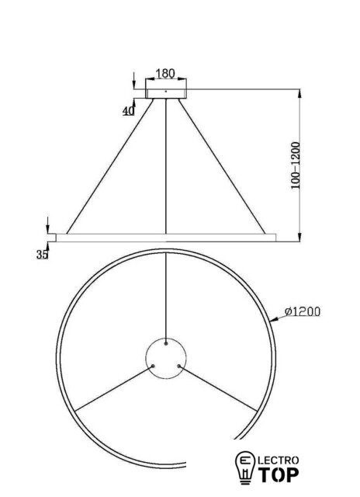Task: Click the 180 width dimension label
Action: point(165,73)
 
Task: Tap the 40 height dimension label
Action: point(128,110)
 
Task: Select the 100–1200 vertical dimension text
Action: point(295,165)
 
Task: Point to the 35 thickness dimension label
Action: point(42,254)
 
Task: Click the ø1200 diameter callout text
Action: point(303,311)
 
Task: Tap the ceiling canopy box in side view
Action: point(166,94)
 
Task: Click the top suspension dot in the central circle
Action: point(166,343)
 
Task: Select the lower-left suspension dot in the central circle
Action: point(154,366)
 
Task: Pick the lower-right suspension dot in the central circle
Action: point(179,366)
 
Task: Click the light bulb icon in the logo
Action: point(244,467)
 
